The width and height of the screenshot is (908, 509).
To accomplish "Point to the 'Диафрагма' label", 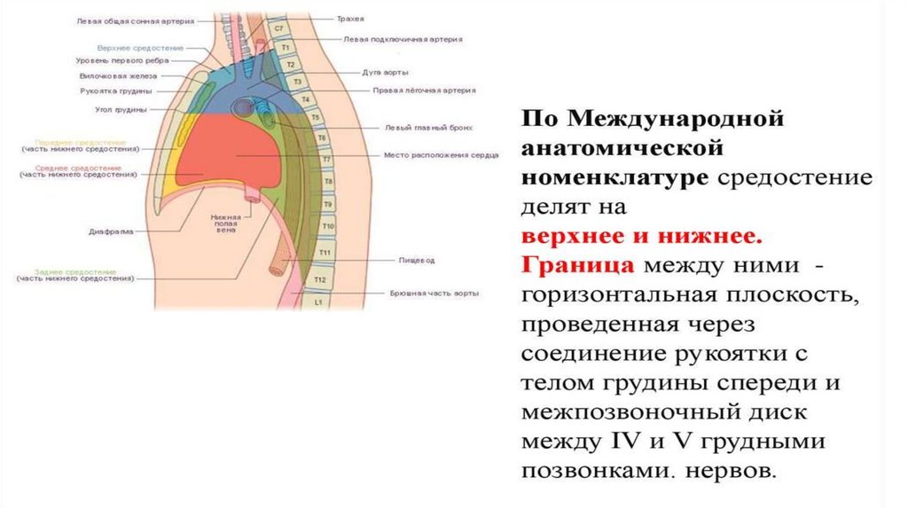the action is [x=111, y=231].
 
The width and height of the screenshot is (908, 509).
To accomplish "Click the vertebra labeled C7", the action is [x=279, y=29].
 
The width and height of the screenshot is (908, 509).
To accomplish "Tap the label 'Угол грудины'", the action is [x=116, y=110].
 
